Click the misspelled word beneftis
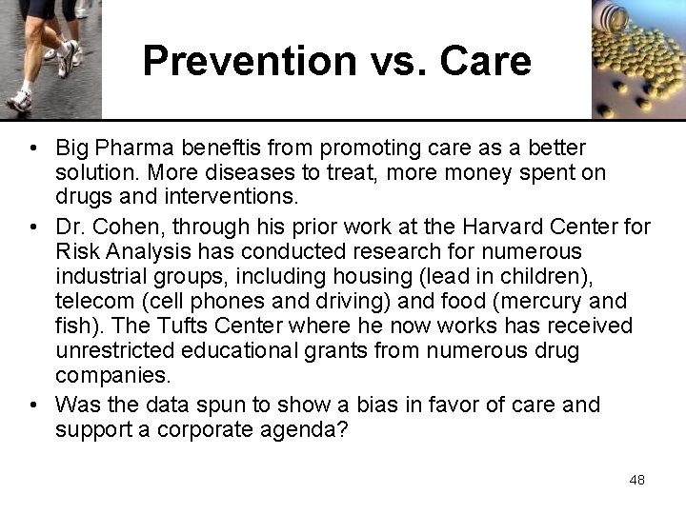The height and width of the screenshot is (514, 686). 223,149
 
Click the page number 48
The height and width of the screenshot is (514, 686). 636,480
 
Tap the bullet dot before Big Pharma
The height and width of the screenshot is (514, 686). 33,150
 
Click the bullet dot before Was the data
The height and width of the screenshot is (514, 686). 33,405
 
